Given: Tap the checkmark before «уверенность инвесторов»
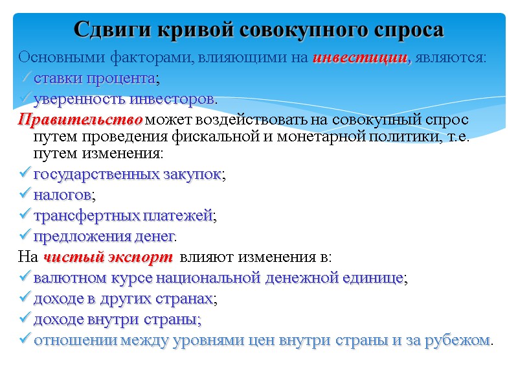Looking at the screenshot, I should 25,99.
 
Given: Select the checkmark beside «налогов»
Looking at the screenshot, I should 25,194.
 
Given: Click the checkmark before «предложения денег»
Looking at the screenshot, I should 25,235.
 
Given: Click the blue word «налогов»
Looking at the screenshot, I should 63,194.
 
